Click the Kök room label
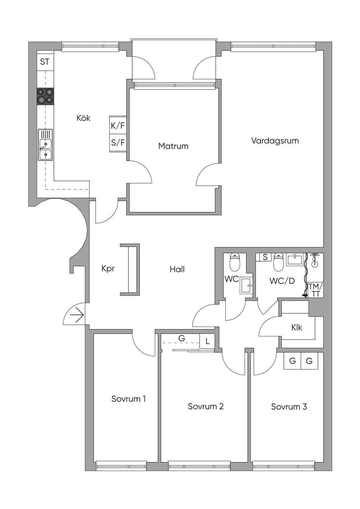coord(83,118)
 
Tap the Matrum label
coord(173,146)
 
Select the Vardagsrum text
coord(275,141)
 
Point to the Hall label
coord(177,269)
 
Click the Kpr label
coord(108,269)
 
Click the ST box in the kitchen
coord(45,62)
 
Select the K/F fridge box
coord(118,125)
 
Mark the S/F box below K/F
coord(118,143)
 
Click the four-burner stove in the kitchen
coord(45,96)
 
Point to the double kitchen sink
coord(45,145)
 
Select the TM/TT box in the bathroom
coord(315,290)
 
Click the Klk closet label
coord(297,328)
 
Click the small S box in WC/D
coord(265,257)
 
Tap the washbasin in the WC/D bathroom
coord(295,259)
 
